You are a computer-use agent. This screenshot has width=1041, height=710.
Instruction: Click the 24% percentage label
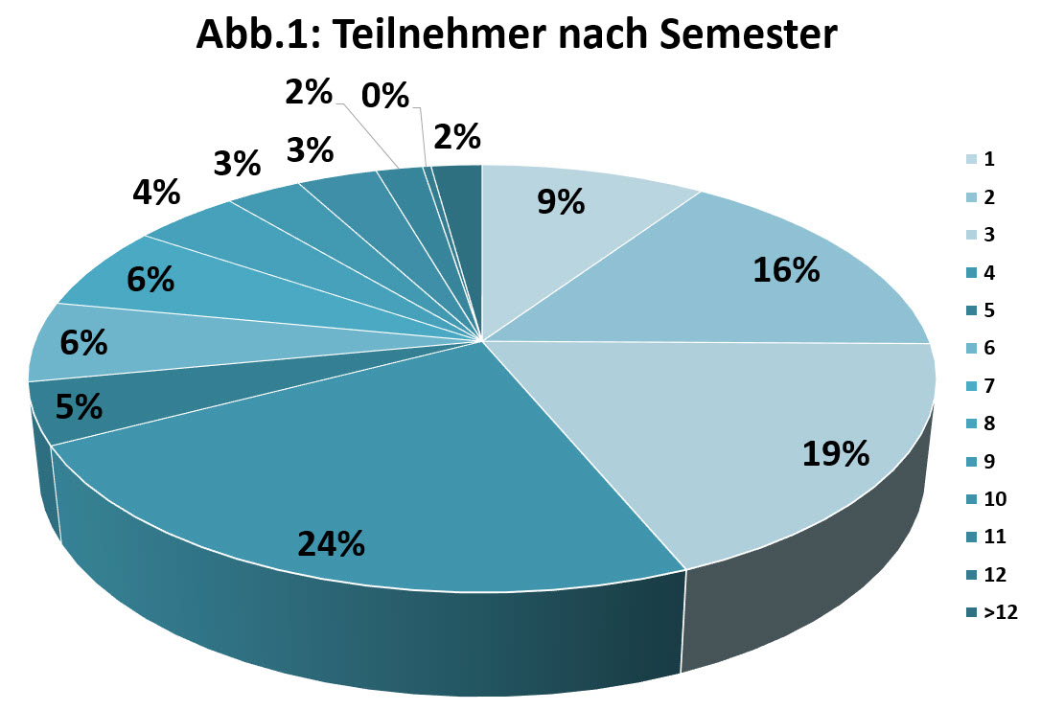[x=331, y=544]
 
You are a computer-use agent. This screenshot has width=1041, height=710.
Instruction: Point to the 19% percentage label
[x=836, y=453]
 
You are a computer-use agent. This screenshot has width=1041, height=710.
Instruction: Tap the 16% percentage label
[x=786, y=271]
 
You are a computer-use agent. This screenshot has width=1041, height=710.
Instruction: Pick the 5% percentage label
[x=79, y=407]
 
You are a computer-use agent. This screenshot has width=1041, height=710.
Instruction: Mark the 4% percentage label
[x=156, y=193]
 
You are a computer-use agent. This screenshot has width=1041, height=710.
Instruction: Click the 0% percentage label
[x=385, y=96]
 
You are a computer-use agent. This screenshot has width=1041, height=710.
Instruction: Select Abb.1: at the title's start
[x=256, y=35]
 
